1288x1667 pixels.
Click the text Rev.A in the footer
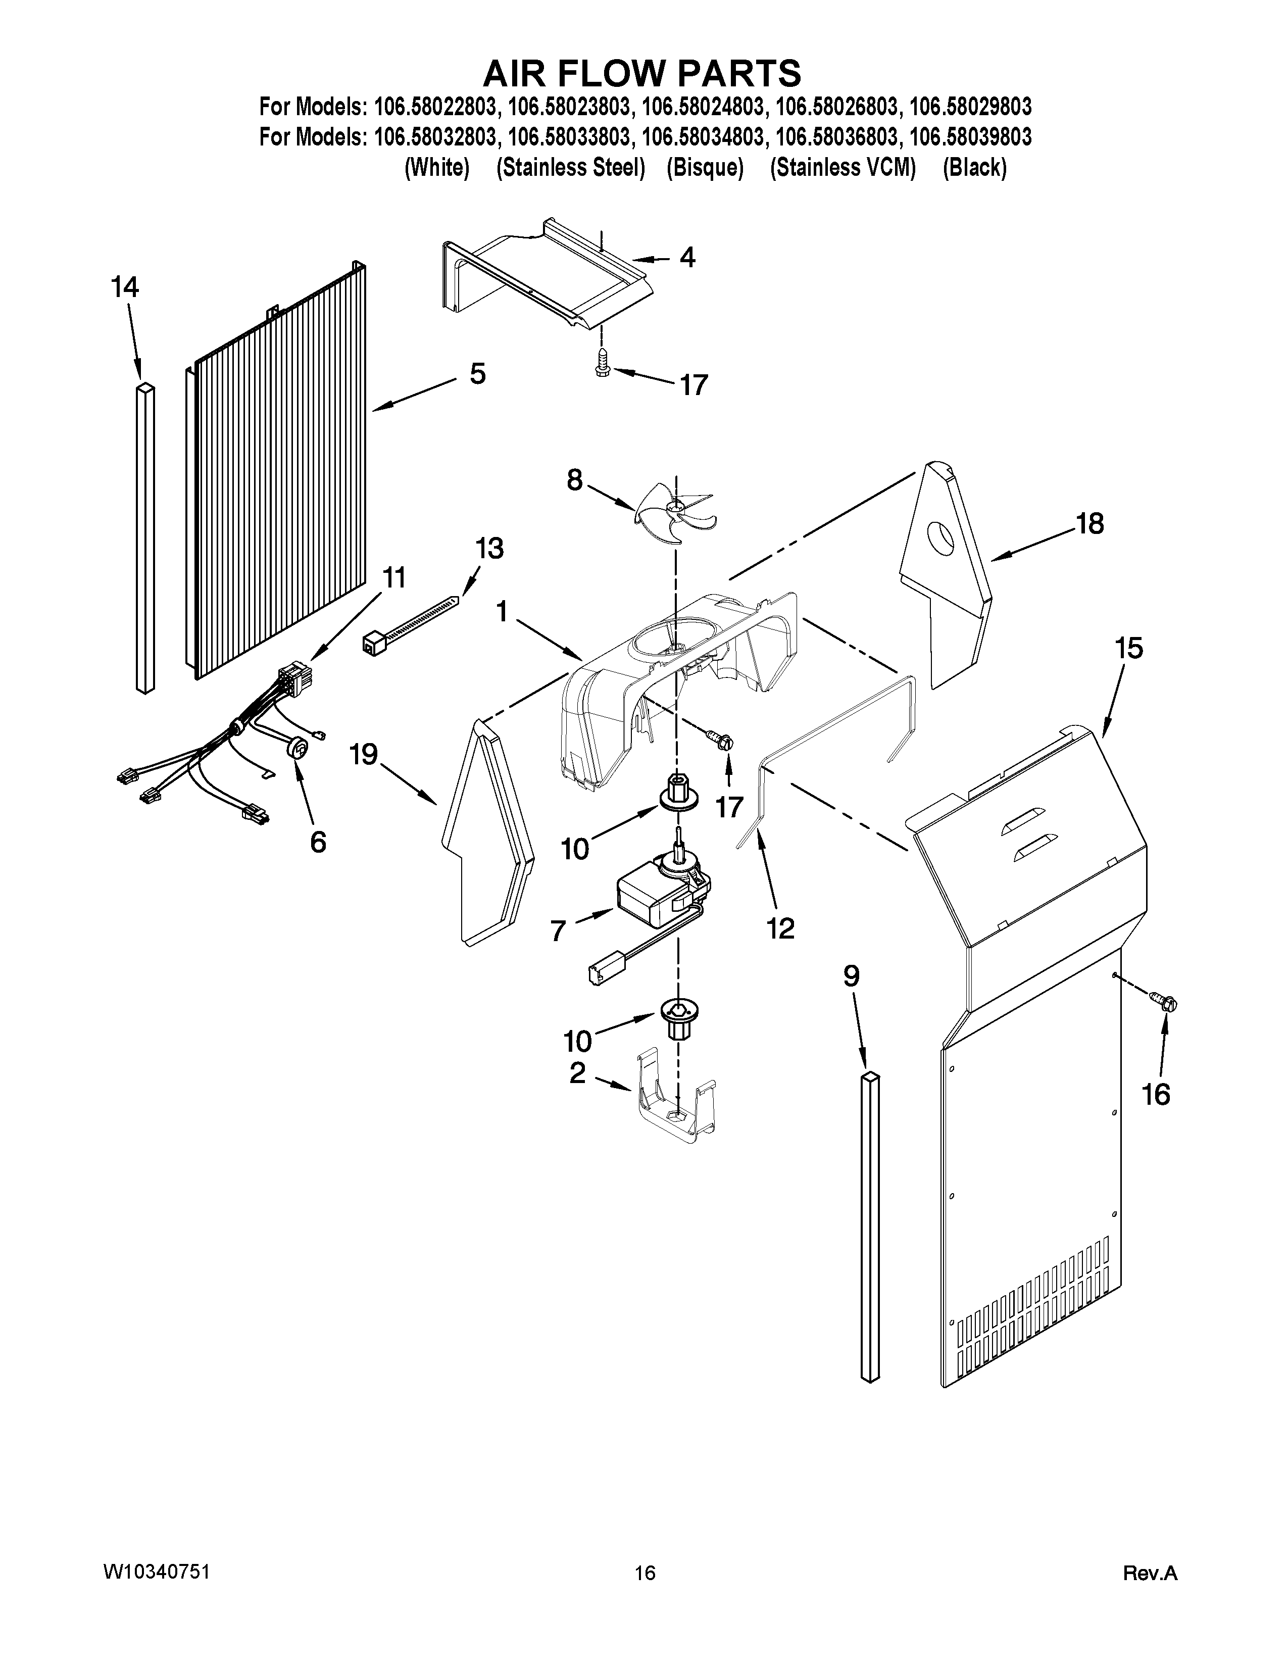pos(1151,1573)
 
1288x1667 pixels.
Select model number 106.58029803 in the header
pos(971,105)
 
